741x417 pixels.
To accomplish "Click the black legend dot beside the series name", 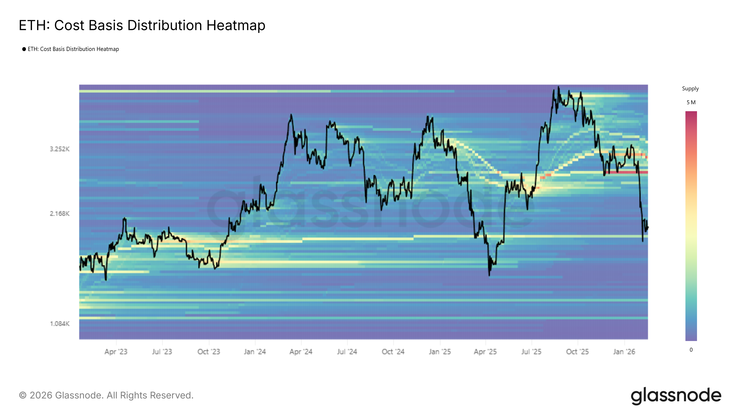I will [x=24, y=49].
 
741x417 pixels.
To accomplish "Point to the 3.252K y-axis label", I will [x=60, y=149].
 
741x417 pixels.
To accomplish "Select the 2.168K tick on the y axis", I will [x=60, y=214].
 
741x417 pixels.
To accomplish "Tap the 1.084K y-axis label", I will [x=60, y=324].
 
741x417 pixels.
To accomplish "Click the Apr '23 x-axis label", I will [x=116, y=352].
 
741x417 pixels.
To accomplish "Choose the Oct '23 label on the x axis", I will [x=209, y=352].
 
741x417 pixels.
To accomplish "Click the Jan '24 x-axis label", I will [x=255, y=352].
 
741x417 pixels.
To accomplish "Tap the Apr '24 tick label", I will [x=301, y=352].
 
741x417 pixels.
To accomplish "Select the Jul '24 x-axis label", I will [x=347, y=352].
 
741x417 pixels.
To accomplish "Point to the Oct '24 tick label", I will [x=393, y=352].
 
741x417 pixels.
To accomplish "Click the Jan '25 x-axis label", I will [x=440, y=352].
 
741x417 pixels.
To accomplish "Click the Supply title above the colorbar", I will [x=690, y=89].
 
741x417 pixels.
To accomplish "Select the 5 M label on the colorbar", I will [x=691, y=102].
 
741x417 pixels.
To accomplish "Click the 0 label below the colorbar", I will [x=691, y=350].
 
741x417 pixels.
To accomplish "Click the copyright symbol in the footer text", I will [x=23, y=395].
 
